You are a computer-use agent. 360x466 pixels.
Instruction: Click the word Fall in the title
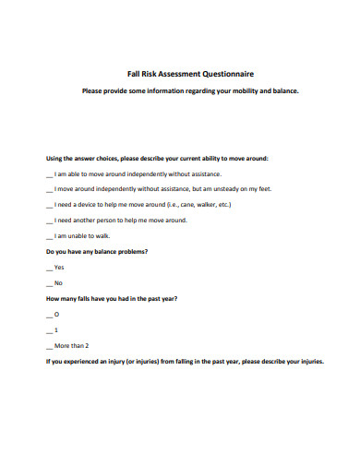point(133,73)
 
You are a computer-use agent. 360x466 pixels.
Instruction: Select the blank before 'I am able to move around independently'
point(48,173)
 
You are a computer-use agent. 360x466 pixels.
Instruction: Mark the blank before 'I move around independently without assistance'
point(48,189)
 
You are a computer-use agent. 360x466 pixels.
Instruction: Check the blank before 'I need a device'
point(48,205)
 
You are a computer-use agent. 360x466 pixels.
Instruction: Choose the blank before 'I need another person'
point(48,221)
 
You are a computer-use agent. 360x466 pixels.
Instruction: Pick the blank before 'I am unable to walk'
point(48,236)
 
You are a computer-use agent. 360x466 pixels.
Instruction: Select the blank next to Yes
point(48,268)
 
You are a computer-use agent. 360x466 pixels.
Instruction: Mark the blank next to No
point(48,283)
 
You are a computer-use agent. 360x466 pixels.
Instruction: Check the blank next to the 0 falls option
point(48,315)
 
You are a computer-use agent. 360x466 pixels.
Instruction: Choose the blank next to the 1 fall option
point(48,330)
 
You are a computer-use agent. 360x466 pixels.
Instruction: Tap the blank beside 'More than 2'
point(48,346)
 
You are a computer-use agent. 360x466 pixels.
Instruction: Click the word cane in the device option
point(187,204)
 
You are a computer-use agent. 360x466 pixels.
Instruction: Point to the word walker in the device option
point(209,204)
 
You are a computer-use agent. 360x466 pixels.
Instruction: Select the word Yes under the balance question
point(59,267)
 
